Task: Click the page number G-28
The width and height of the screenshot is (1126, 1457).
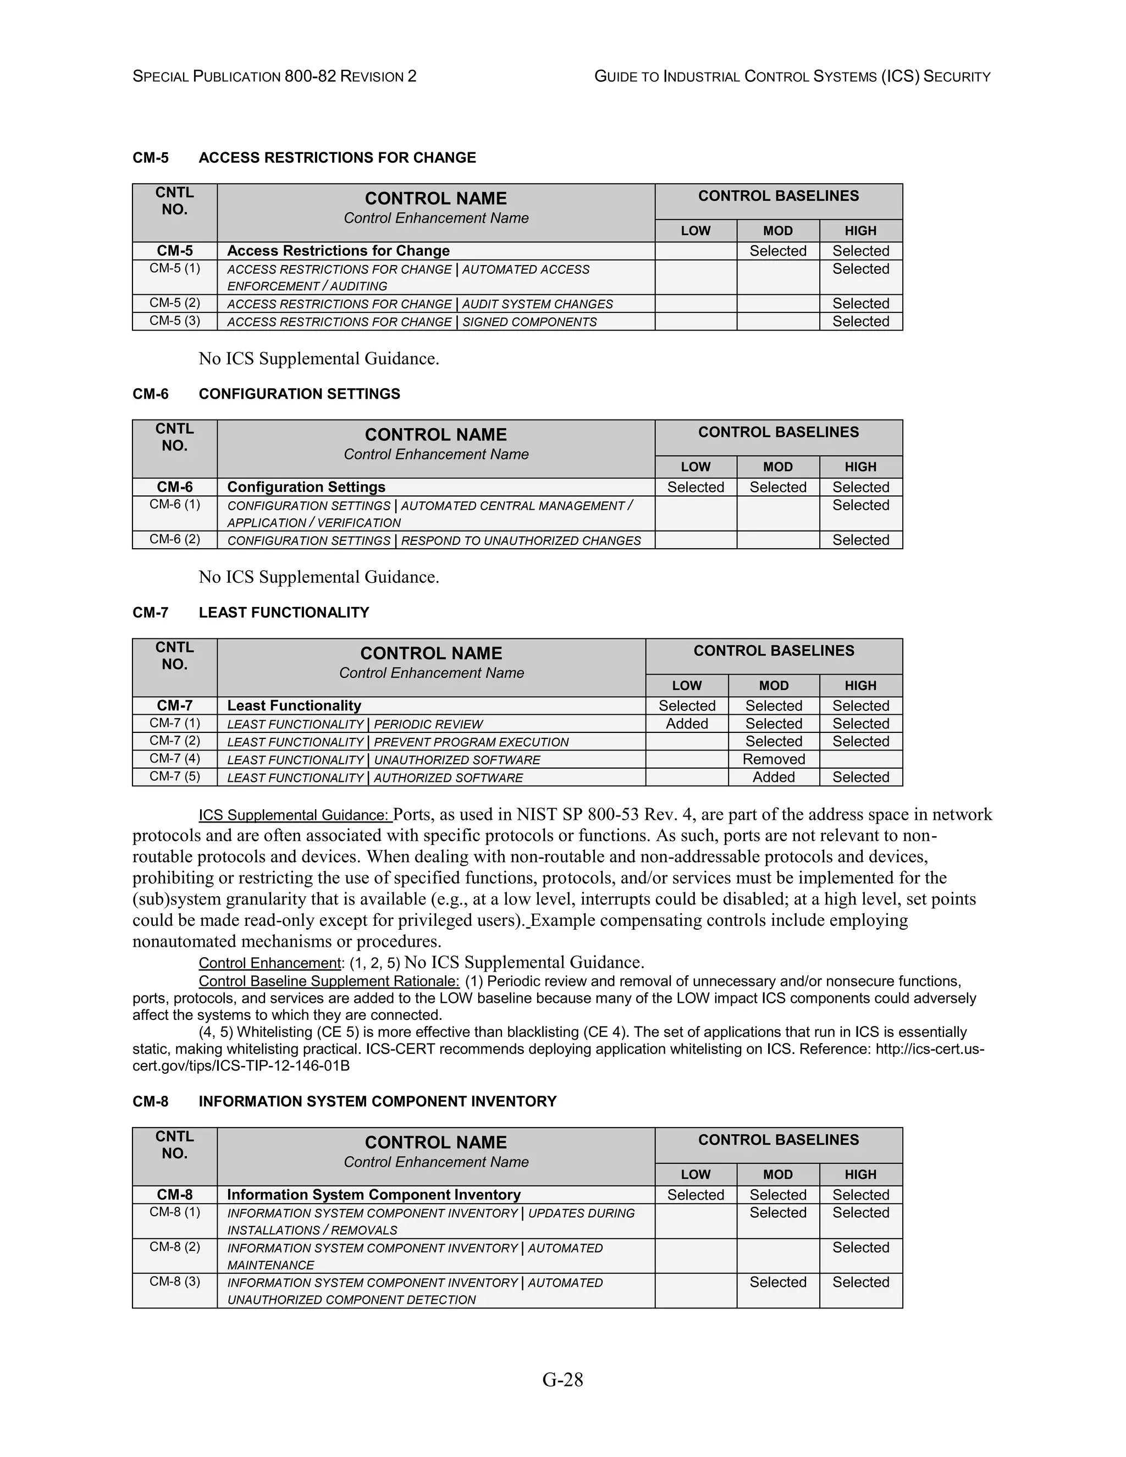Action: click(x=562, y=1379)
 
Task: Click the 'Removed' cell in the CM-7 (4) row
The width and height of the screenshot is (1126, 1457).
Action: click(x=773, y=759)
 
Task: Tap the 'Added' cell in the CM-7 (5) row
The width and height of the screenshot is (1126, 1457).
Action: click(x=773, y=777)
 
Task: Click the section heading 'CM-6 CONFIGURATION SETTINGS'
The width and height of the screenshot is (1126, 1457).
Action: click(x=266, y=394)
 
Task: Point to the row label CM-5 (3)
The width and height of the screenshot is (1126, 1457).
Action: click(x=174, y=321)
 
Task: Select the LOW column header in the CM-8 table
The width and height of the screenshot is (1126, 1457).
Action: click(x=695, y=1175)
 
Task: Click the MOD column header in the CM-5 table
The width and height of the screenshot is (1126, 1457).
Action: click(x=778, y=231)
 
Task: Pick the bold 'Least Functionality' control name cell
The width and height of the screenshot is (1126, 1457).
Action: click(x=294, y=706)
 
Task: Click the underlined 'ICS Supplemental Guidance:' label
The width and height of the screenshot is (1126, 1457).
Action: click(x=294, y=815)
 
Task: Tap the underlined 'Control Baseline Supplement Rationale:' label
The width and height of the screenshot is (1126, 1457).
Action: click(x=329, y=981)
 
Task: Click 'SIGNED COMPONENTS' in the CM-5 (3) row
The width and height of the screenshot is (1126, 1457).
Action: click(x=529, y=322)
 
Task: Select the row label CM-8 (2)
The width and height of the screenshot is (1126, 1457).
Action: click(x=174, y=1247)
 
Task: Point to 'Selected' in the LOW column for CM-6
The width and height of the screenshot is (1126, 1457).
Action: click(x=695, y=487)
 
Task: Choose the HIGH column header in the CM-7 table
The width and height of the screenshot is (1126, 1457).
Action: click(x=860, y=686)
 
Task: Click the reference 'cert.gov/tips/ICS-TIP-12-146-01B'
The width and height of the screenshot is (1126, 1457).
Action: click(x=241, y=1066)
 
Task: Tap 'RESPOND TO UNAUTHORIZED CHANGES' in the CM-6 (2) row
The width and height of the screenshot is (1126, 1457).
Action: click(x=520, y=541)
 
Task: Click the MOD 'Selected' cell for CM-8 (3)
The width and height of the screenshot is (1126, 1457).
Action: click(x=778, y=1282)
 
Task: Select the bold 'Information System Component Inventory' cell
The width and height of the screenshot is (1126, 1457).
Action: click(x=373, y=1195)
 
